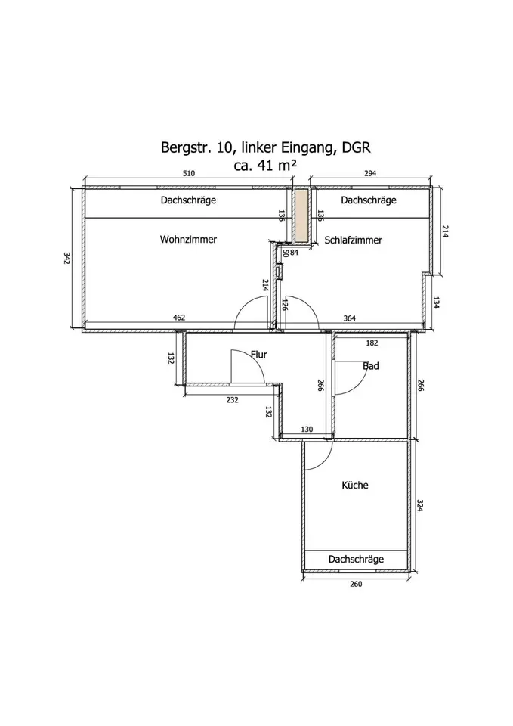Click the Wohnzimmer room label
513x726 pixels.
tap(188, 240)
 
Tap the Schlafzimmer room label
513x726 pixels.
tap(353, 240)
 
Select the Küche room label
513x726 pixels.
tap(355, 485)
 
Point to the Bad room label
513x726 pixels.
tap(370, 366)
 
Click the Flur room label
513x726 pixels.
tap(258, 354)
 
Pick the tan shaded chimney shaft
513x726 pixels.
tap(302, 216)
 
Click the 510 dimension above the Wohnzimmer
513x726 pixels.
tap(189, 174)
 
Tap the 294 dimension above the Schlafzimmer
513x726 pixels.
tap(370, 174)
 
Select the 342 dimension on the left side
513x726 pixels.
tap(66, 258)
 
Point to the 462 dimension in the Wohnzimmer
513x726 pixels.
tap(179, 318)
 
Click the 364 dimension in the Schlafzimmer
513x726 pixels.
tap(350, 318)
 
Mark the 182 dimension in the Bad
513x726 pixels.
tap(372, 343)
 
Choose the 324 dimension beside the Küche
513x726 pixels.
tap(420, 505)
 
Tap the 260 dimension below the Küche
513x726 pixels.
tap(356, 585)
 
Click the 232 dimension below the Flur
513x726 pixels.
tap(232, 400)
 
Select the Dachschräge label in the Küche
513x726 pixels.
tap(356, 560)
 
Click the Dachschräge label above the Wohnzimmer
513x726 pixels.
tap(188, 200)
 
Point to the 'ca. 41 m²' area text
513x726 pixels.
tap(265, 166)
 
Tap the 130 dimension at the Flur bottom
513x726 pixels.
tap(307, 430)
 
